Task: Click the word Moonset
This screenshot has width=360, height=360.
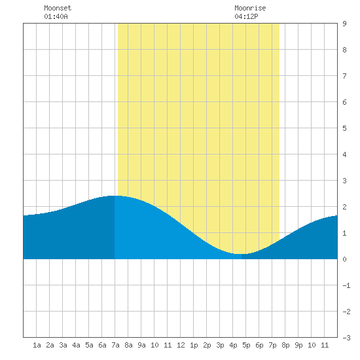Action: click(x=58, y=8)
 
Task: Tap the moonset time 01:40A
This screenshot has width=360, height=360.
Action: click(x=56, y=16)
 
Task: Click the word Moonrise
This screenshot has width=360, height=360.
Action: click(x=250, y=8)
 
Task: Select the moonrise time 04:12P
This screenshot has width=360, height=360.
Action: click(x=246, y=16)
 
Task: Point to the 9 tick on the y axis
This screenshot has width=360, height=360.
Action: click(x=344, y=24)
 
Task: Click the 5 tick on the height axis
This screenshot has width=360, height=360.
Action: click(x=344, y=128)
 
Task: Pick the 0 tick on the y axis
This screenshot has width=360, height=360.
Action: click(x=344, y=259)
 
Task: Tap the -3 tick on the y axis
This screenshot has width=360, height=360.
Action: click(x=346, y=338)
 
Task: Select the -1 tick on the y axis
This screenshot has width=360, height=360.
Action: click(x=346, y=285)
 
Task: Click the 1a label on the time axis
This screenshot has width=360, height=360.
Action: click(x=37, y=345)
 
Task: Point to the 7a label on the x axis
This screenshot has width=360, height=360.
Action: click(x=115, y=345)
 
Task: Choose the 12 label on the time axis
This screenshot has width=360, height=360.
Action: click(x=181, y=345)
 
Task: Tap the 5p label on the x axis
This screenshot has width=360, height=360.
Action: click(x=246, y=345)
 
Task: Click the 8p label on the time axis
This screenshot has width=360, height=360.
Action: click(x=285, y=345)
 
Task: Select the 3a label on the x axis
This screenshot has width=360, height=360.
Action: click(x=63, y=345)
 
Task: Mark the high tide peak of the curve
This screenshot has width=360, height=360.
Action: click(x=115, y=196)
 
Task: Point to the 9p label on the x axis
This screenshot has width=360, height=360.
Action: click(x=298, y=345)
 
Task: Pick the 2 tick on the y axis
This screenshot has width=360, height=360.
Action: click(x=344, y=207)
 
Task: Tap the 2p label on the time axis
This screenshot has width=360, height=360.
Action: click(x=207, y=345)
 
